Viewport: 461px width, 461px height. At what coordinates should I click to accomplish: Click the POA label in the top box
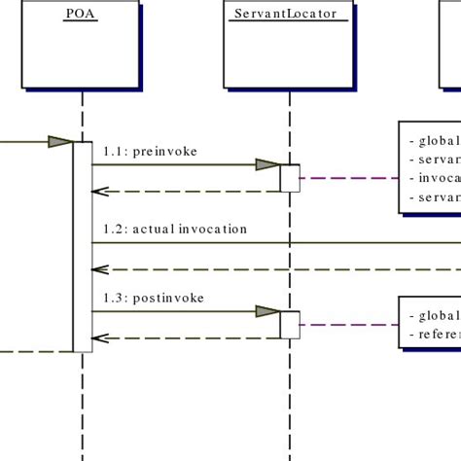(x=81, y=13)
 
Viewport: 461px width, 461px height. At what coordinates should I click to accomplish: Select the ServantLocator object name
(x=290, y=13)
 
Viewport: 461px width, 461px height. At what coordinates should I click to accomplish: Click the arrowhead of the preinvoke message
(x=267, y=165)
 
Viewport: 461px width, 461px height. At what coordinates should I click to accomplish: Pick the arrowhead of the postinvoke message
(x=267, y=312)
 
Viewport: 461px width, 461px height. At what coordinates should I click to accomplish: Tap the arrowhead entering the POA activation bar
(x=60, y=142)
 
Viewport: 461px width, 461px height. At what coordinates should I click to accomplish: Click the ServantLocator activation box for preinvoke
(x=290, y=178)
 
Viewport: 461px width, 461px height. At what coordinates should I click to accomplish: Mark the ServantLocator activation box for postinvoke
(x=290, y=325)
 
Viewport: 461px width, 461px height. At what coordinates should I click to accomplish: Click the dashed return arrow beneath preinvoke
(x=185, y=192)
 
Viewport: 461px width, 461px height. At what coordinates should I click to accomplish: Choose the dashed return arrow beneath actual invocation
(x=272, y=269)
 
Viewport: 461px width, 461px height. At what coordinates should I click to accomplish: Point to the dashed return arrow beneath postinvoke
(x=185, y=338)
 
